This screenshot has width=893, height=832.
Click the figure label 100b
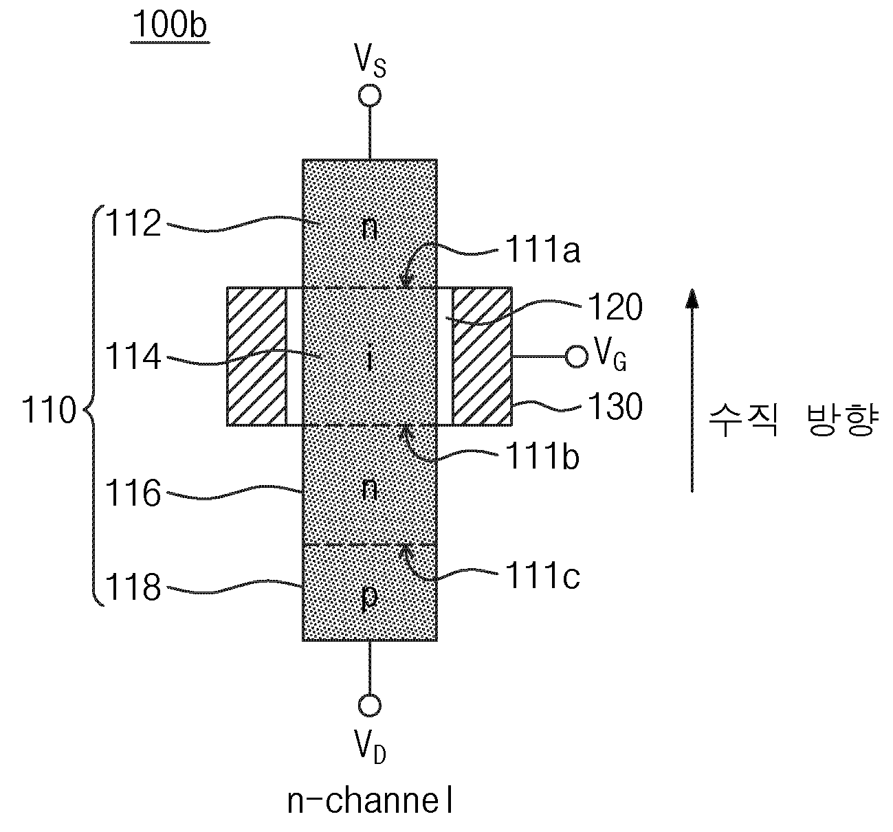170,25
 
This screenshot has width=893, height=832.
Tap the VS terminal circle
370,95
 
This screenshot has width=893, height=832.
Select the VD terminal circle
370,705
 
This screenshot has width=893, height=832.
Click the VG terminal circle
577,357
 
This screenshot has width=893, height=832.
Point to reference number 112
133,223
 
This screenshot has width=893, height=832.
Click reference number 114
133,357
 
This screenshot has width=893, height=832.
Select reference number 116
133,493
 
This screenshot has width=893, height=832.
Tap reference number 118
133,587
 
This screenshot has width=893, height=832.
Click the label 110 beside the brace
49,410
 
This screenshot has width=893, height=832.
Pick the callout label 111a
542,250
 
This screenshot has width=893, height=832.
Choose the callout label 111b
542,456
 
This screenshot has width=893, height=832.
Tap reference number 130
615,407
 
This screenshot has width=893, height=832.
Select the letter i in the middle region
370,359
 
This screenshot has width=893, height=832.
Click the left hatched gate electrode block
256,356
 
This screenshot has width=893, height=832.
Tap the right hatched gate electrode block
482,356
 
